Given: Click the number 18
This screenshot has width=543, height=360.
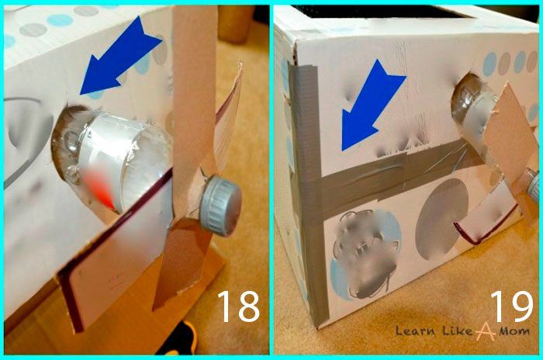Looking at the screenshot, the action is click(x=238, y=306).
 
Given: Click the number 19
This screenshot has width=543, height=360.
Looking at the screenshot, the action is click(x=511, y=306).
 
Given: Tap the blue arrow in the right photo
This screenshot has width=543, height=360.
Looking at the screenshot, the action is click(x=372, y=106).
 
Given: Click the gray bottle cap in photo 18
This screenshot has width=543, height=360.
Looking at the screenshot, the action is click(x=220, y=206).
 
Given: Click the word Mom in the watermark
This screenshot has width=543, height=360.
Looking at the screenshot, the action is click(x=514, y=331).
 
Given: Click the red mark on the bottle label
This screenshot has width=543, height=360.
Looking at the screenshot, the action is click(x=99, y=189).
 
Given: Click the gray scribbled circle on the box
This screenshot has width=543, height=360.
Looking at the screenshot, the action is click(x=366, y=254).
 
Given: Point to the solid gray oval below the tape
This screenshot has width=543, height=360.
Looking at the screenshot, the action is click(x=441, y=219).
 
